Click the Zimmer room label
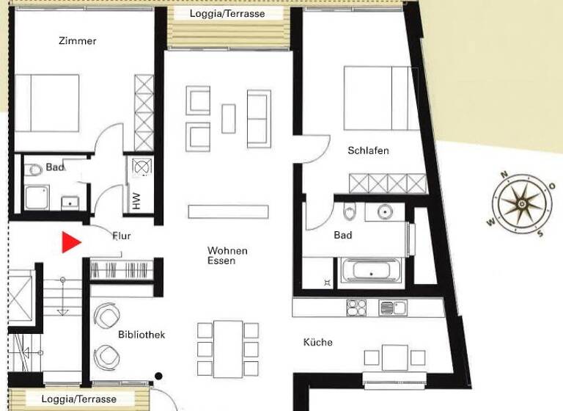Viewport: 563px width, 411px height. (78, 41)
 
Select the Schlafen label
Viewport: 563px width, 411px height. (368, 150)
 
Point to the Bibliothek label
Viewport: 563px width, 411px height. (141, 335)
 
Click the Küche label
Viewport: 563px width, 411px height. (318, 342)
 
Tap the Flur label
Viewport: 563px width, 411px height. (121, 236)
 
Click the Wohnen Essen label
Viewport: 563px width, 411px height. (227, 255)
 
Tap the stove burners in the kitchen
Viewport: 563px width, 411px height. (356, 308)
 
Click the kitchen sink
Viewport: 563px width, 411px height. (392, 308)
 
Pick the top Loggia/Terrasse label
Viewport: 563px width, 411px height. (227, 14)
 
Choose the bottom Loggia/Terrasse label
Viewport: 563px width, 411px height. (79, 399)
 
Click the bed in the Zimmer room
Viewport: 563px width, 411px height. (47, 102)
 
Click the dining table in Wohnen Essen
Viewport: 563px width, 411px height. (229, 348)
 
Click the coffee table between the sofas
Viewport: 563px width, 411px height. (229, 118)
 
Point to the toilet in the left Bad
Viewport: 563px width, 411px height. (34, 171)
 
